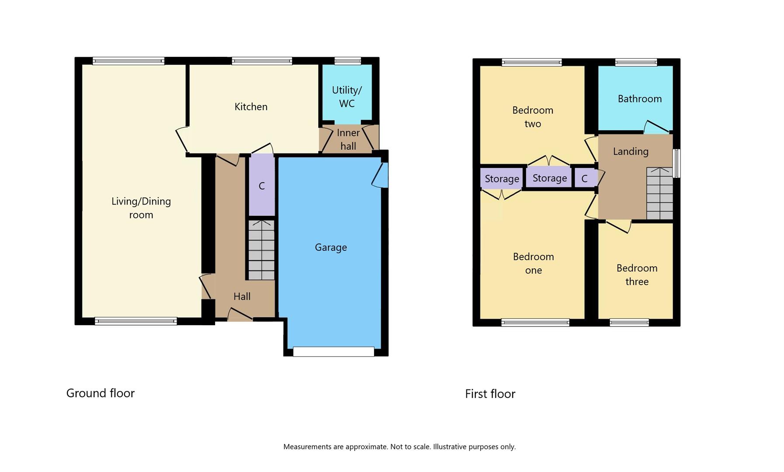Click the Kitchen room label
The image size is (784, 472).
251,107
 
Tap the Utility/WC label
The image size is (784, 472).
347,97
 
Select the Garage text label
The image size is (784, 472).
331,247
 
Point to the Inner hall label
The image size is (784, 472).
348,139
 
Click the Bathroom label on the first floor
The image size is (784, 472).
640,99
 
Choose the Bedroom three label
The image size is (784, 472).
637,275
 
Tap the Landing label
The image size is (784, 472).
631,152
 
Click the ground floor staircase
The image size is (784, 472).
261,250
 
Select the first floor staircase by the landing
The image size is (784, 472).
659,193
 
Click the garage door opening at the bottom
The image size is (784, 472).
333,351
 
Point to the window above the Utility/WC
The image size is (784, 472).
348,61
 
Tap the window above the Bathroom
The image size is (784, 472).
636,62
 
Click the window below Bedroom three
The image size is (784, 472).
629,323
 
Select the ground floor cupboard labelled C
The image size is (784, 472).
261,185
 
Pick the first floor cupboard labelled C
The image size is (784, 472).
585,178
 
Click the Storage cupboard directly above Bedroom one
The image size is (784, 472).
502,179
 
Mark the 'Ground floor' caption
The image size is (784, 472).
101,393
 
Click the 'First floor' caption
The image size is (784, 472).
490,394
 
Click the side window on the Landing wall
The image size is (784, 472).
676,163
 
